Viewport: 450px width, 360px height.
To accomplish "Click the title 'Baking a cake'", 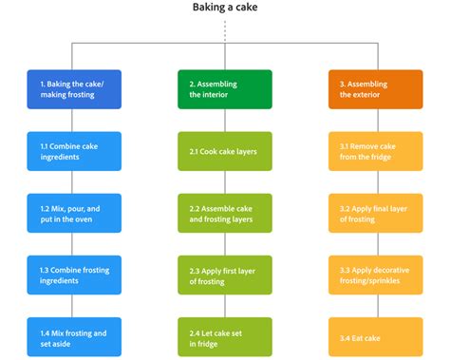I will pos(224,8).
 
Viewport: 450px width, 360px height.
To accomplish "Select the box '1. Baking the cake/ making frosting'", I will pos(74,89).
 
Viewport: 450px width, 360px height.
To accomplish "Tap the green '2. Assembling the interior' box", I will pos(224,89).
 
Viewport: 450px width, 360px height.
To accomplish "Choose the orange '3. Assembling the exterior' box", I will pos(375,89).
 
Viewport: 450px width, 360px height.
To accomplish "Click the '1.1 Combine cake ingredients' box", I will pos(74,151).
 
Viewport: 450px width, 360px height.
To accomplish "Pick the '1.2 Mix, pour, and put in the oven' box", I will pos(74,213).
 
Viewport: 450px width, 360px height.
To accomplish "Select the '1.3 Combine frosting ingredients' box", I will pos(74,275).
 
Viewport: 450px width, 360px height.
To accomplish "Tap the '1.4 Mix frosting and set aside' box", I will pos(74,336).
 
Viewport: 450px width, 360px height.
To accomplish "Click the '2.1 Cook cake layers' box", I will pos(224,151).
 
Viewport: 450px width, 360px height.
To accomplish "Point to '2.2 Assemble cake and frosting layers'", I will pos(224,213).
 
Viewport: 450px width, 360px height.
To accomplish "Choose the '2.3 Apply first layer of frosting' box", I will pos(224,275).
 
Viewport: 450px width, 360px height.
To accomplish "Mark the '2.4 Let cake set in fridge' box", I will pos(224,336).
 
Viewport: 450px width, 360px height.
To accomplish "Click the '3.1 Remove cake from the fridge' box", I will pos(375,151).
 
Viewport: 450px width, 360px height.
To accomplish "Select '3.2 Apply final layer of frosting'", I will pos(375,213).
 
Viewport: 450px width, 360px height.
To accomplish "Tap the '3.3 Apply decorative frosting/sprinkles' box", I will pos(375,275).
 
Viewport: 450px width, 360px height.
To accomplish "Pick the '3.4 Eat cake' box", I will pos(375,336).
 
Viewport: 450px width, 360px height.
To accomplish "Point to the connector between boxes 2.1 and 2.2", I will pos(224,182).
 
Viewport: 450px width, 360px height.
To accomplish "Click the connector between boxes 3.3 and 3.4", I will pos(375,306).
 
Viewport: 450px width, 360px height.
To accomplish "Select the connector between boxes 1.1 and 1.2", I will pos(74,182).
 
